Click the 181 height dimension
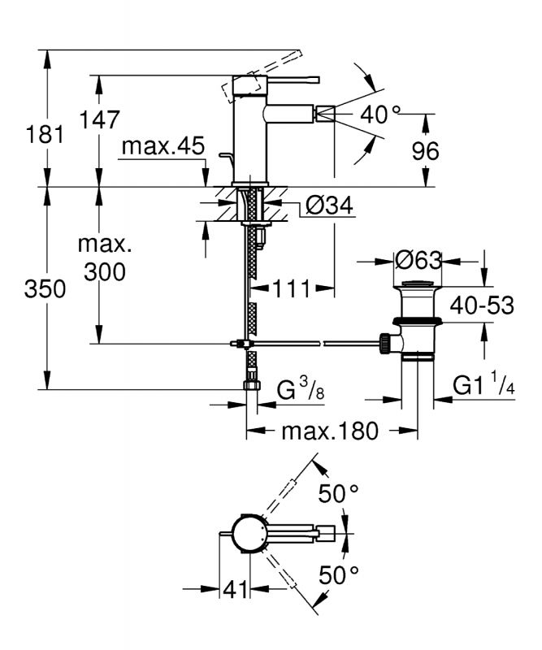45,135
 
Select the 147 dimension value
99,119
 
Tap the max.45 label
163,146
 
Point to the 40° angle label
380,114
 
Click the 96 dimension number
425,151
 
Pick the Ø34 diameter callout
329,206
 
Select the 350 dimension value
45,288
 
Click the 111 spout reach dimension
292,288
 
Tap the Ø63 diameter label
418,261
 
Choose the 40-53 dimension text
483,305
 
